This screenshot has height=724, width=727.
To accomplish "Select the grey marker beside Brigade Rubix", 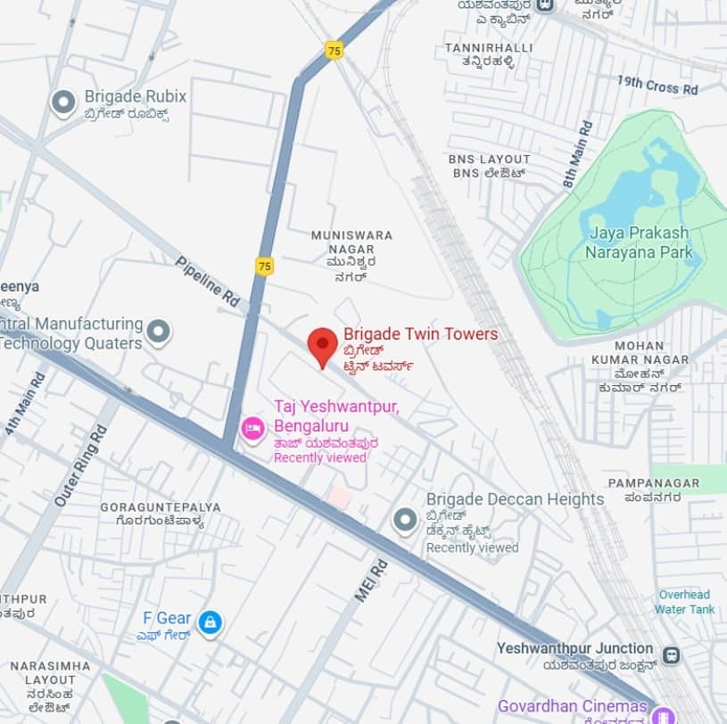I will coord(63,103).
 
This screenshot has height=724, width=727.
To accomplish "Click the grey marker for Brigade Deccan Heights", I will coord(405,520).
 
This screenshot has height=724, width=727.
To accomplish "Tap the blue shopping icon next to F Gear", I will coord(210,622).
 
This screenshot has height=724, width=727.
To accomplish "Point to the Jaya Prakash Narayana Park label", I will coord(638,243).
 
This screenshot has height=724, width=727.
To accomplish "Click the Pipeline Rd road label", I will coord(208,282).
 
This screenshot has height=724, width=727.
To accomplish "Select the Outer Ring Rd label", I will coord(80,466).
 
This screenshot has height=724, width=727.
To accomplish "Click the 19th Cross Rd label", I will coord(657,86).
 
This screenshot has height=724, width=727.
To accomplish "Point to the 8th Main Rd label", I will coord(577,154).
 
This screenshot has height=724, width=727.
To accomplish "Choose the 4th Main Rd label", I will coord(25,403).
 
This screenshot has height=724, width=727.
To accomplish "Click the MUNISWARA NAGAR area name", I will coord(351,235).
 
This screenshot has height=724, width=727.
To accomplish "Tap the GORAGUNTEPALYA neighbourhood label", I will coord(161,507).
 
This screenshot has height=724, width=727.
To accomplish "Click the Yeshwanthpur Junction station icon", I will coord(671,655).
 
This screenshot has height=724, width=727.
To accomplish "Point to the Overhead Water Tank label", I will coord(684,602).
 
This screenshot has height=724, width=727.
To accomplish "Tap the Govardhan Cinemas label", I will coord(572,706).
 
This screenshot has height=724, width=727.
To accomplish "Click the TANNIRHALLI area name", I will coord(489,47).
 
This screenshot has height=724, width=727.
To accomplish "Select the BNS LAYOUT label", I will coord(489,160).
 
